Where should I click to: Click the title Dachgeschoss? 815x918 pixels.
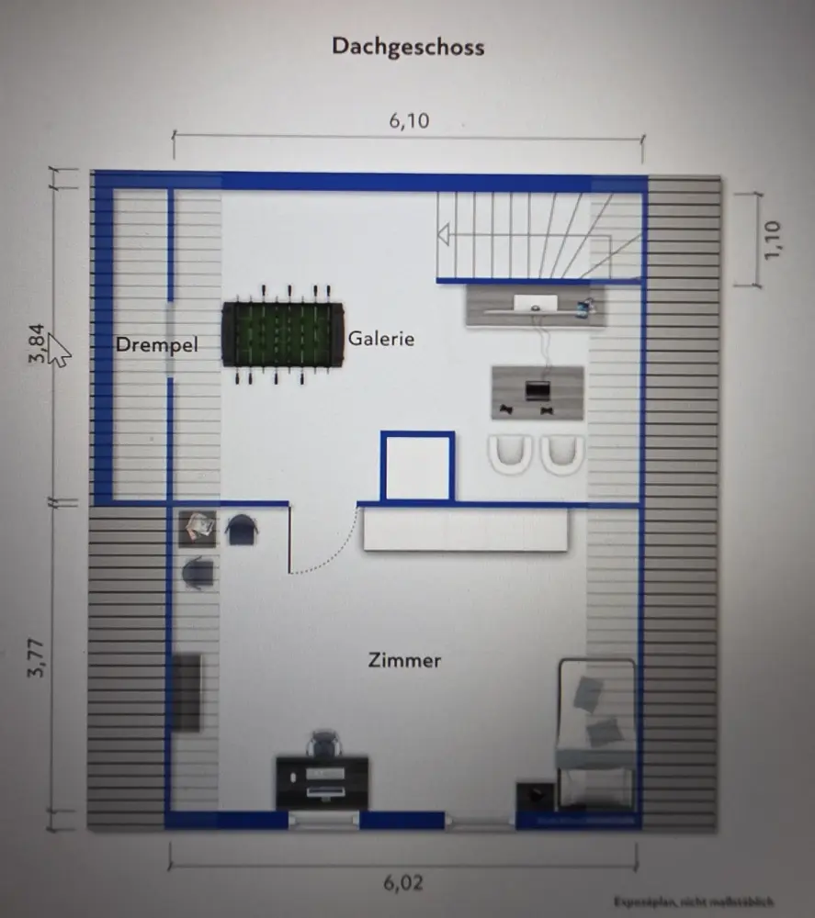coord(408,47)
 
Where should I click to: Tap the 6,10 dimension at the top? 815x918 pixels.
coord(409,120)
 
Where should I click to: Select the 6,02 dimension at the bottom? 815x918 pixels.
coord(403,883)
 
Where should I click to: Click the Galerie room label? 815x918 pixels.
coord(381,339)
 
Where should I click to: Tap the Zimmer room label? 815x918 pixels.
coord(404,660)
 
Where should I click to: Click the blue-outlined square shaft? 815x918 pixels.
coord(417,467)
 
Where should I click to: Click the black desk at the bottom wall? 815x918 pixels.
coord(322,782)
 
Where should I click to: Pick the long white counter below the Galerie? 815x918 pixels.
coord(465,530)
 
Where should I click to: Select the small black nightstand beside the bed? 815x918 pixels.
coord(535,795)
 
